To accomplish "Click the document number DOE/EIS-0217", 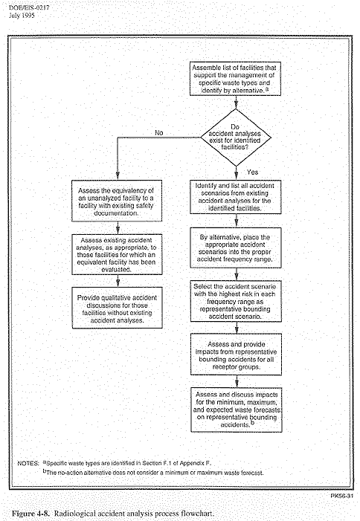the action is pos(29,7).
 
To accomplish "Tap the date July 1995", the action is pos(22,16).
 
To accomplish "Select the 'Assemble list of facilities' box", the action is pos(235,79).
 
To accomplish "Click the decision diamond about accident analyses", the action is pos(236,137).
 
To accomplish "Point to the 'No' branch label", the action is pos(159,133).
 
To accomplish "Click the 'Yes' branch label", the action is pos(253,172).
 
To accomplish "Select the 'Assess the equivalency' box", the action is pos(117,201).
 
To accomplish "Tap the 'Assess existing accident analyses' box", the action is pos(117,254).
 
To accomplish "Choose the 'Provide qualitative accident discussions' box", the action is pos(118,308).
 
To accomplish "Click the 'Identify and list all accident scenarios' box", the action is pos(236,197).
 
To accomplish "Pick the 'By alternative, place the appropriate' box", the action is pos(236,248).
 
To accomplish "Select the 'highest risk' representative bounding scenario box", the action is pos(236,301).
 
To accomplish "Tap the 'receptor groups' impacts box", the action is pos(237,355).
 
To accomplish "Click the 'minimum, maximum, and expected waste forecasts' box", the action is pos(237,410).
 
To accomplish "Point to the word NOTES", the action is pos(28,463).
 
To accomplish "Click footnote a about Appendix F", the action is pos(127,463).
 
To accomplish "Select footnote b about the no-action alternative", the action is pos(153,473).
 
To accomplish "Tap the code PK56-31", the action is pos(341,496).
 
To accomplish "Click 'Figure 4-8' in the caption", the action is pos(31,514).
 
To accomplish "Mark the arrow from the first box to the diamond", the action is pos(236,103).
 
